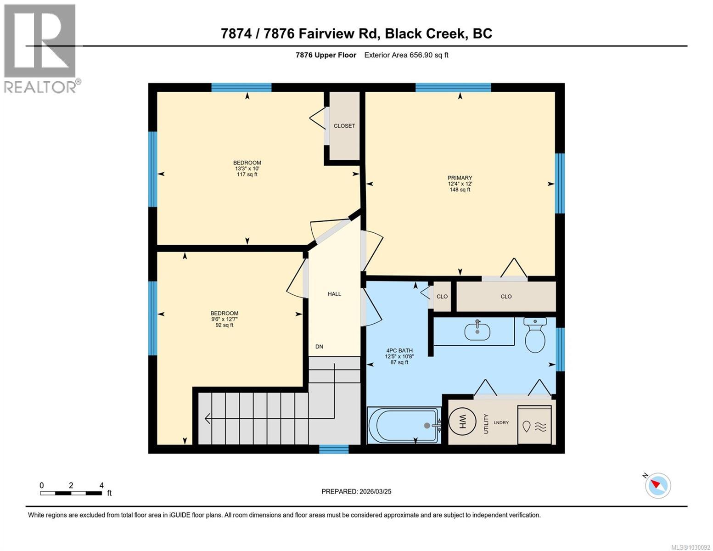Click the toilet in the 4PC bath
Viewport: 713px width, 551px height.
pos(535,336)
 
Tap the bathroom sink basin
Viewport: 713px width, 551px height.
pos(477,331)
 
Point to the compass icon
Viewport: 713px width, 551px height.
pos(658,485)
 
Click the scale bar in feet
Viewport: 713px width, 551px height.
pos(71,493)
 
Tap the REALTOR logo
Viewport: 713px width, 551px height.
pos(40,49)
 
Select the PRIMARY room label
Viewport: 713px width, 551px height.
pos(460,178)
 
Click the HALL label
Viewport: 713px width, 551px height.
pos(334,294)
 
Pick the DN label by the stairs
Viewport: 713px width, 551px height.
pos(319,347)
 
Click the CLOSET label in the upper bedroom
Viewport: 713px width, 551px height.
pos(344,126)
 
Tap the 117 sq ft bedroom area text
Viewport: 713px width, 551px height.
pos(247,174)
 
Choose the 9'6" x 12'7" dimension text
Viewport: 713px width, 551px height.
pos(225,319)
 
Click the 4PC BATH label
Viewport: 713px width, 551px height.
pos(399,351)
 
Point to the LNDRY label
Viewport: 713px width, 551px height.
pos(501,422)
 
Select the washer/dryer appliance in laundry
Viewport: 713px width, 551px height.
pos(534,425)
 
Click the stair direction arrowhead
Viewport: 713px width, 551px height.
pos(208,418)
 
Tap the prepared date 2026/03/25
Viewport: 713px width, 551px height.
pos(356,491)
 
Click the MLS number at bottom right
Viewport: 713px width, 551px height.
pos(691,547)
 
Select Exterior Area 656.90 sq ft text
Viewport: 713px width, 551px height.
pos(406,55)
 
